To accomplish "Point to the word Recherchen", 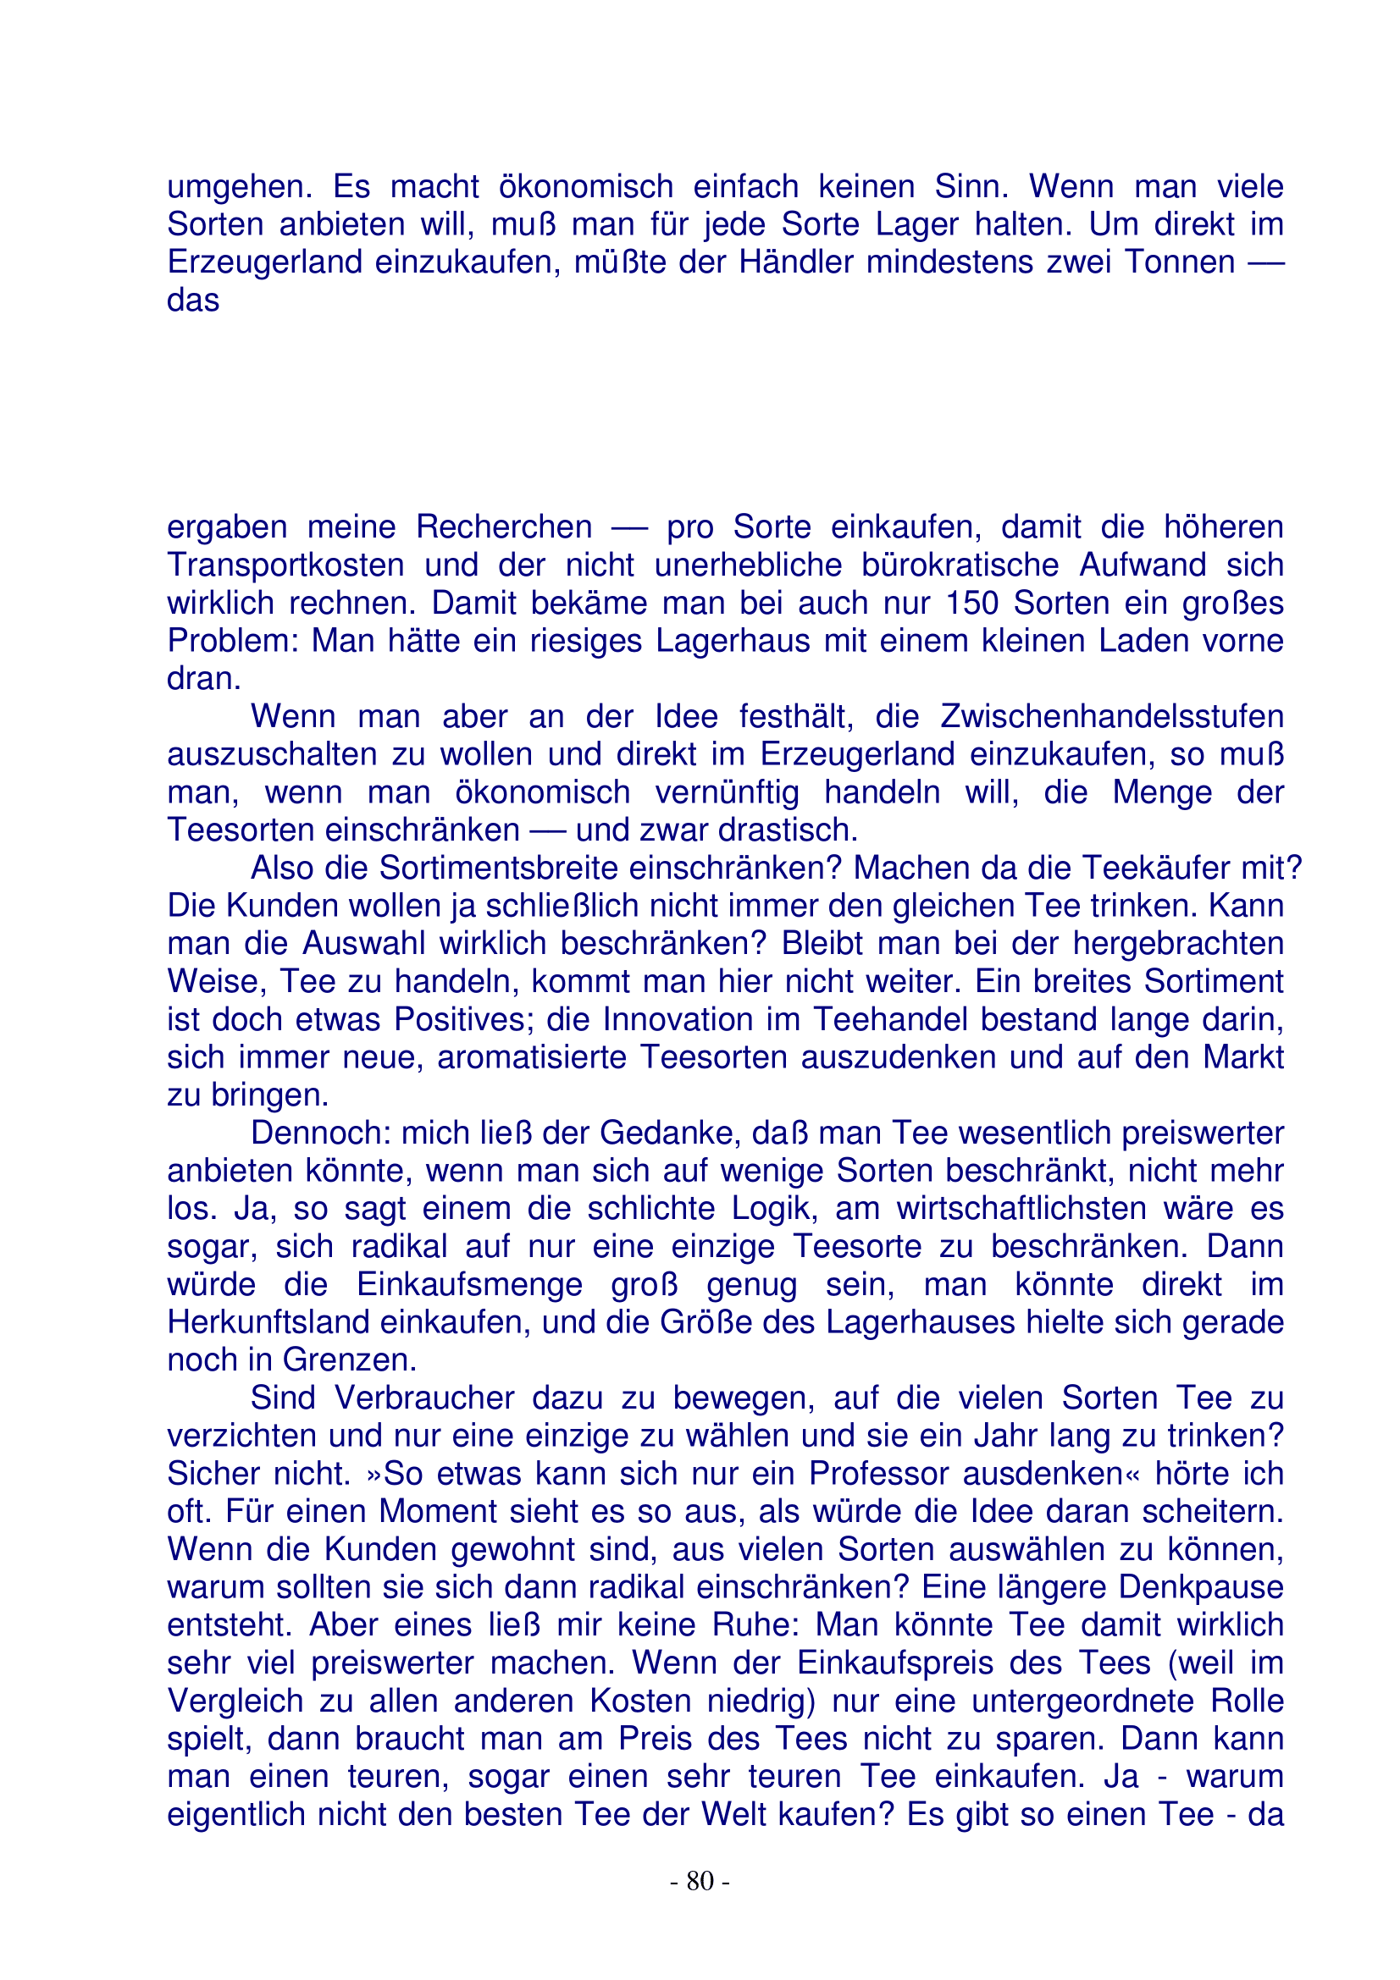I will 504,527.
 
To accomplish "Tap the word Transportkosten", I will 285,565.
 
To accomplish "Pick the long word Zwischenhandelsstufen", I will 1111,717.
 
